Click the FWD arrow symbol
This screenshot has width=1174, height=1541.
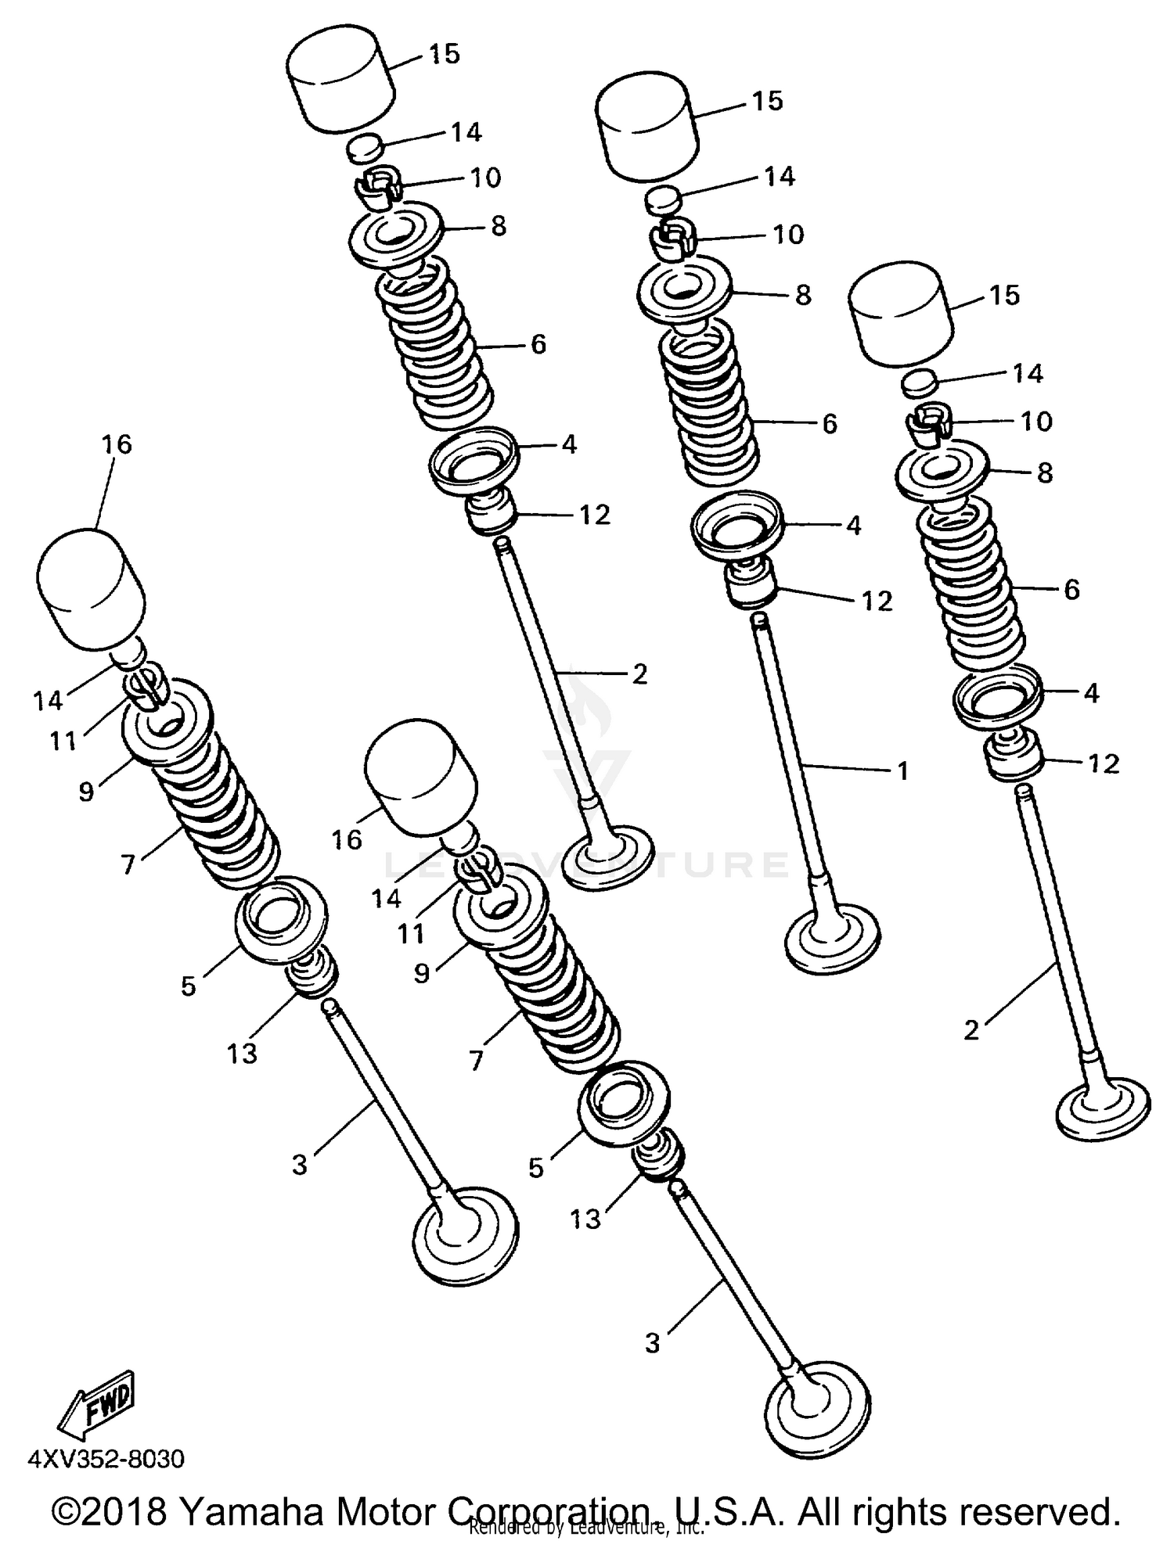[96, 1406]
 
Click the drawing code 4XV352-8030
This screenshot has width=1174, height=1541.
[106, 1459]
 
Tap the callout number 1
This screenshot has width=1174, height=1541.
[902, 771]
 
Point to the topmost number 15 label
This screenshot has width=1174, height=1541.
[444, 54]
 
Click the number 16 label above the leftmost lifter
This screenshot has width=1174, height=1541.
[116, 444]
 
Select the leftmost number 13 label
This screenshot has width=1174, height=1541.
[242, 1054]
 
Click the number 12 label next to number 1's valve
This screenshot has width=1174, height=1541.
[877, 601]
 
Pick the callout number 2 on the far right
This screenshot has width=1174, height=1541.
[971, 1030]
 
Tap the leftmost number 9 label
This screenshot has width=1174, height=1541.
[86, 792]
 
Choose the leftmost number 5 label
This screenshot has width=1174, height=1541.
[188, 986]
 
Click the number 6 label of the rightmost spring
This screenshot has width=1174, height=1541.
[1071, 589]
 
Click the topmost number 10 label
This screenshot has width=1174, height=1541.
[484, 178]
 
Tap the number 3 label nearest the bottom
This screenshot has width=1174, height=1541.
[653, 1343]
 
